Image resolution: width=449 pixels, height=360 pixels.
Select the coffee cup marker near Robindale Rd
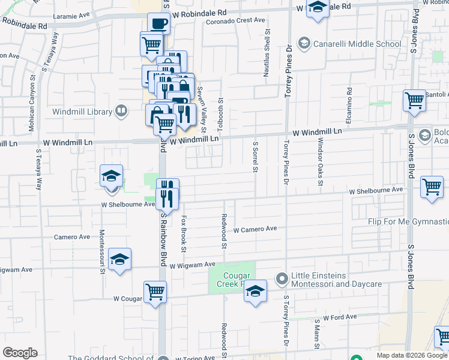click(x=158, y=24)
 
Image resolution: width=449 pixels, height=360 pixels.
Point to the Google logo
click(x=20, y=353)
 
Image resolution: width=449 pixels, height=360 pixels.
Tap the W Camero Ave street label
click(x=255, y=229)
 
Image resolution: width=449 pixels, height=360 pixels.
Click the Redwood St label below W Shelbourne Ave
click(x=224, y=232)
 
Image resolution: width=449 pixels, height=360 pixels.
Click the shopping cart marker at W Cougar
click(x=155, y=293)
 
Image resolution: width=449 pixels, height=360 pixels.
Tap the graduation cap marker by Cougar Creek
click(x=256, y=292)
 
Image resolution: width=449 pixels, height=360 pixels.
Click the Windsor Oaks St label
click(x=320, y=163)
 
